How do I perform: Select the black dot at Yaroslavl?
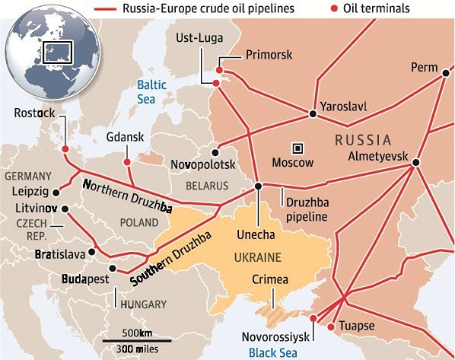point(312,114)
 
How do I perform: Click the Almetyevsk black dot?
point(415,161)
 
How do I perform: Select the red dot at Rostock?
point(65,149)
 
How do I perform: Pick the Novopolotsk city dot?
point(217,150)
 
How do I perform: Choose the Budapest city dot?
point(113,268)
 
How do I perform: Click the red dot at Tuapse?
point(330,327)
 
